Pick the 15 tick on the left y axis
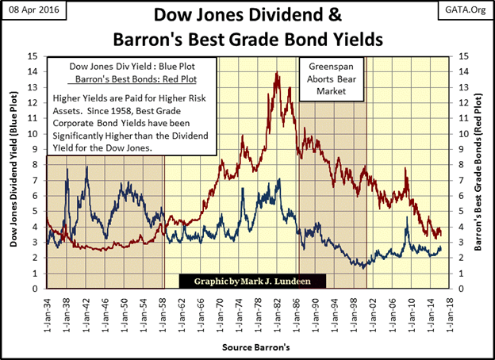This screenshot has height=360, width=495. click(35, 56)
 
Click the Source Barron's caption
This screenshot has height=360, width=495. click(247, 347)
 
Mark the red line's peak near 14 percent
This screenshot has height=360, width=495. click(275, 73)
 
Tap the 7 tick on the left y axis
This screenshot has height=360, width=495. click(36, 180)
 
